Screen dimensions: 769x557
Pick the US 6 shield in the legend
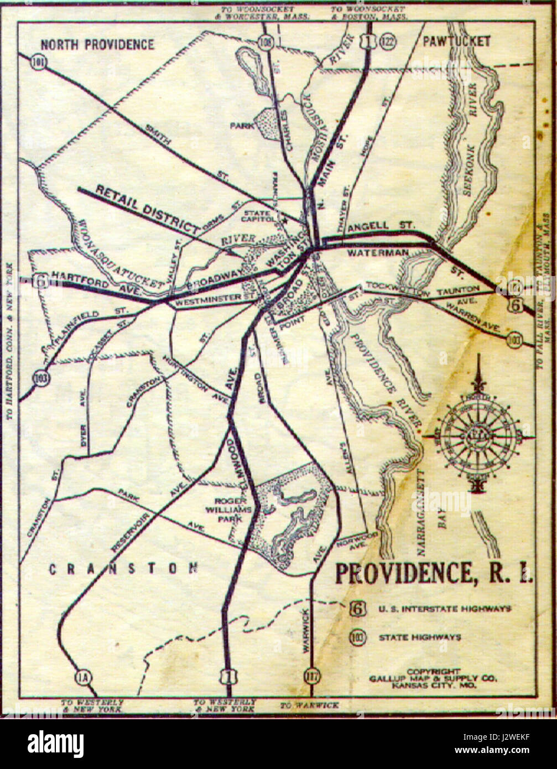tap(358, 609)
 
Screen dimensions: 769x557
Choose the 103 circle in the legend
tap(358, 637)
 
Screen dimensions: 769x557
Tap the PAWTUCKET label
tap(456, 41)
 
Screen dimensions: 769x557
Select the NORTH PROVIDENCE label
tap(97, 45)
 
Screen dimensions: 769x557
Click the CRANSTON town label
tap(123, 568)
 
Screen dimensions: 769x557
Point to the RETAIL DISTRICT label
tap(147, 209)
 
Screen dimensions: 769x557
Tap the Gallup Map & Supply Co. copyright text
tap(434, 678)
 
